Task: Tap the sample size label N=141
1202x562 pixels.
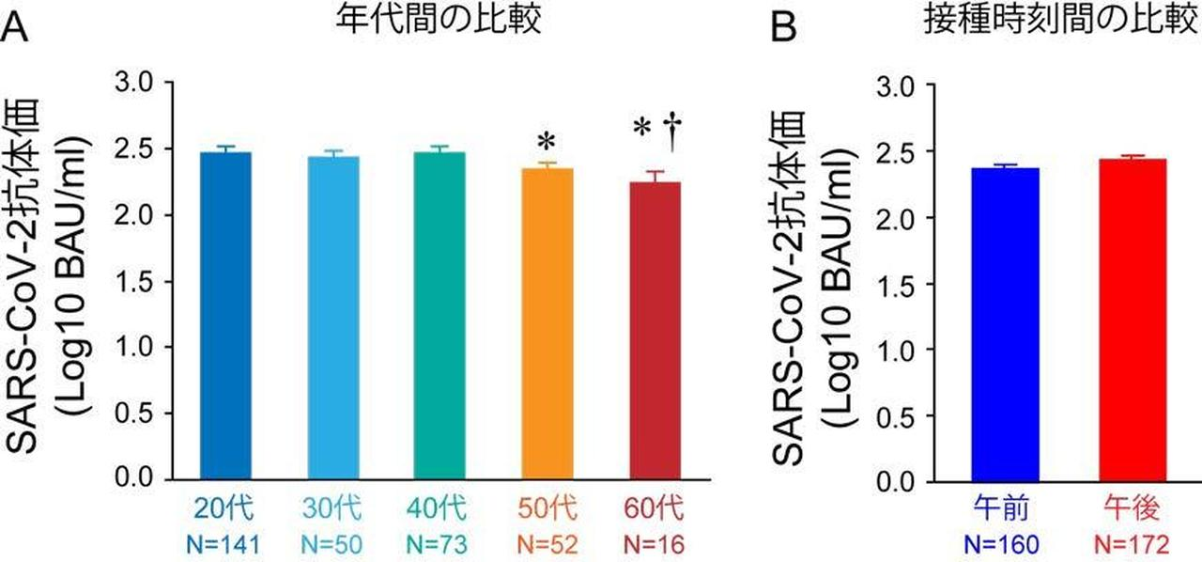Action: click(x=224, y=543)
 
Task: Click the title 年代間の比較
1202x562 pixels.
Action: click(x=439, y=21)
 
